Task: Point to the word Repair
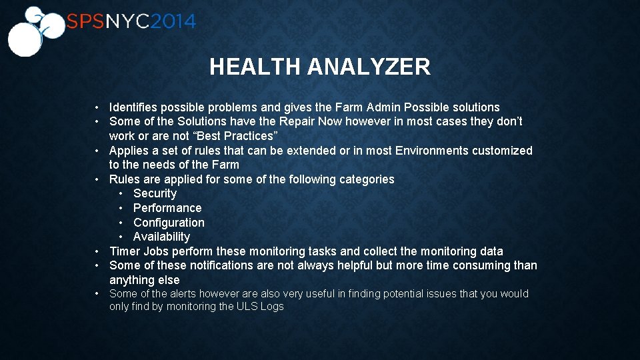pos(294,121)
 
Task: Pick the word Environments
pos(432,151)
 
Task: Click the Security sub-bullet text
pos(155,193)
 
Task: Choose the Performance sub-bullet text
pos(167,208)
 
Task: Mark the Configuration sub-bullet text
pos(169,223)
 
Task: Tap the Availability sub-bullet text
pos(161,237)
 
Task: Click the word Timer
pos(125,251)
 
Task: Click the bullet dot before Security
pos(121,193)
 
